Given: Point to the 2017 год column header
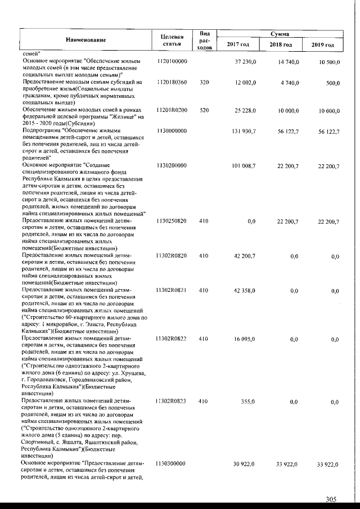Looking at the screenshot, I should [x=238, y=44].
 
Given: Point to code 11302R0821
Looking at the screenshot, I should [x=172, y=291].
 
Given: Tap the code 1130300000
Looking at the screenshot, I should [x=172, y=463].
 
